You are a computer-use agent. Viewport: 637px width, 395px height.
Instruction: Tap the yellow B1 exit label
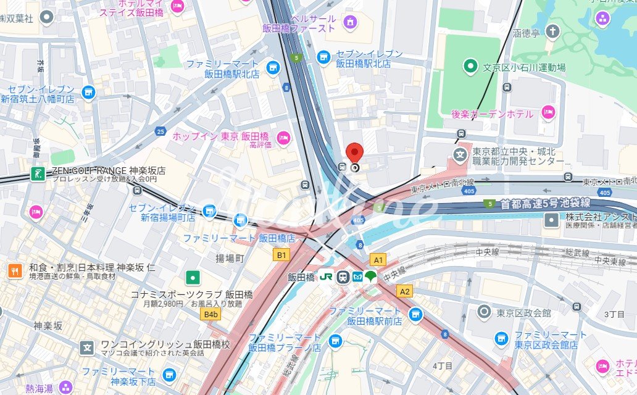tap(281, 254)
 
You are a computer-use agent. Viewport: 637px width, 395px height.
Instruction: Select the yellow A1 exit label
tap(378, 260)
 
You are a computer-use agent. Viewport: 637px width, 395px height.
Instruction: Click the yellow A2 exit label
tap(405, 291)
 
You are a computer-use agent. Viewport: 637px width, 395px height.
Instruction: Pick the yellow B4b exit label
tap(212, 314)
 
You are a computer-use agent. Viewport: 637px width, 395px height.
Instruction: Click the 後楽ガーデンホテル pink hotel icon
tap(547, 112)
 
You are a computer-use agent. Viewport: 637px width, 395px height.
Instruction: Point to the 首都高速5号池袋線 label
tap(545, 202)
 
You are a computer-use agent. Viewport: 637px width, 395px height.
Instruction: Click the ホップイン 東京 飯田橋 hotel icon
tap(283, 136)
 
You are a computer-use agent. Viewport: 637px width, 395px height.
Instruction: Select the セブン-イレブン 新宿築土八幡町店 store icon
tap(88, 93)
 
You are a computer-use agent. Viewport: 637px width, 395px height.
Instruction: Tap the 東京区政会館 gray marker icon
tap(485, 312)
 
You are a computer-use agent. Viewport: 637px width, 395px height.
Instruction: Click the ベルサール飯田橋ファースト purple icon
tap(351, 23)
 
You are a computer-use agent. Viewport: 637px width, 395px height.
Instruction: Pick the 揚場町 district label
tap(230, 257)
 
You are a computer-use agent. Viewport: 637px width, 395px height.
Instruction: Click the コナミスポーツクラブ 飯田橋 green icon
tap(193, 277)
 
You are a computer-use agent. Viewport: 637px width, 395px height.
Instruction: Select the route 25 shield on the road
tap(161, 131)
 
